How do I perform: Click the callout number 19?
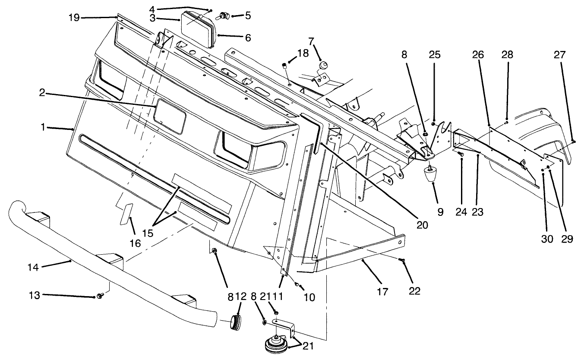point(74,17)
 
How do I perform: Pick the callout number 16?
point(135,243)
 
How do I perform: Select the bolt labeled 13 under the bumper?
point(100,296)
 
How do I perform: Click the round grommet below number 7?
point(322,66)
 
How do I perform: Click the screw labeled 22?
point(403,260)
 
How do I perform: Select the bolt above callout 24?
point(460,153)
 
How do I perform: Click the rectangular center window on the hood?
point(171,116)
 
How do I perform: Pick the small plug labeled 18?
point(284,65)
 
